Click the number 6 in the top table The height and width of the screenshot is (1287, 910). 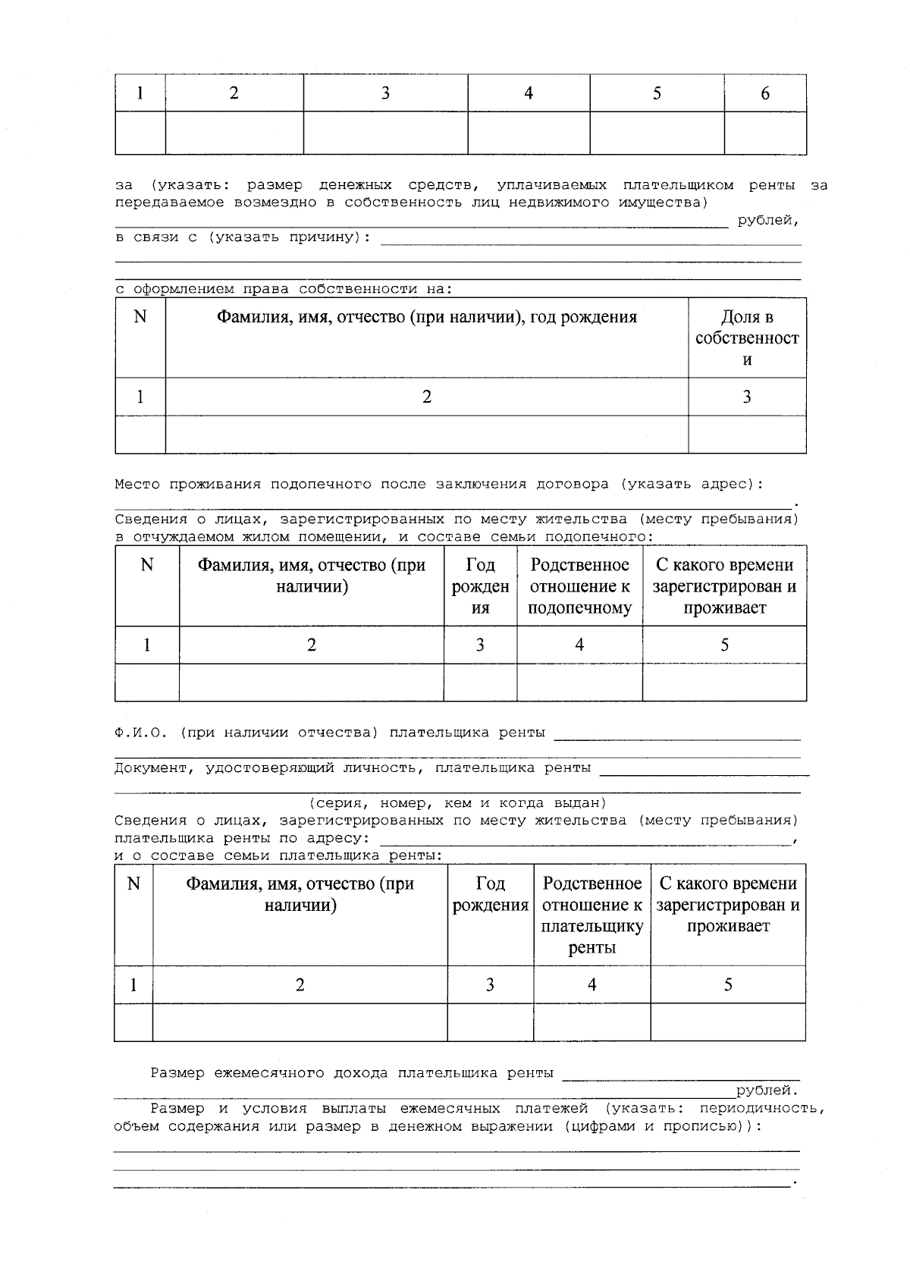(x=764, y=93)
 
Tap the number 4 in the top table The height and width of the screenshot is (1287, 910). (x=529, y=93)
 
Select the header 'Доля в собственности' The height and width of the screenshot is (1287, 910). (x=747, y=338)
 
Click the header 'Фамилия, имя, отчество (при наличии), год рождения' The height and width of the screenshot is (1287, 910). (x=427, y=317)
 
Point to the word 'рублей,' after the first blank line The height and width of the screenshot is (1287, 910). (x=768, y=221)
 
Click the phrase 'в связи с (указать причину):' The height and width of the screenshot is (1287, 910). (x=243, y=237)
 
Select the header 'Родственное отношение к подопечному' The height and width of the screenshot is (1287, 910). (x=579, y=586)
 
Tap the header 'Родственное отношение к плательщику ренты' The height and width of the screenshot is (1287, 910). (x=591, y=915)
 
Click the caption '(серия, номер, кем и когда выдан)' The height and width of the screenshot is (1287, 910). (x=457, y=802)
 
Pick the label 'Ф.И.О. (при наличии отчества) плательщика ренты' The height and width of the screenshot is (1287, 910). (x=330, y=733)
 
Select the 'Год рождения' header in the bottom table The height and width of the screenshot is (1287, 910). (x=490, y=894)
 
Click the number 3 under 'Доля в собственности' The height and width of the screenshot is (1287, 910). (x=747, y=397)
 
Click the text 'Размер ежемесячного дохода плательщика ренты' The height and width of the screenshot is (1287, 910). (x=353, y=1073)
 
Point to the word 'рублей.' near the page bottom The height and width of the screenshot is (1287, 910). (x=767, y=1091)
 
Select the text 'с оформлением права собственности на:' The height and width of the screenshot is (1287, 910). (x=284, y=289)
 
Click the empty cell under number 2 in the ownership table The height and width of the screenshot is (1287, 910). (x=427, y=435)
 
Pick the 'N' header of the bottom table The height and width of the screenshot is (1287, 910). (x=133, y=884)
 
